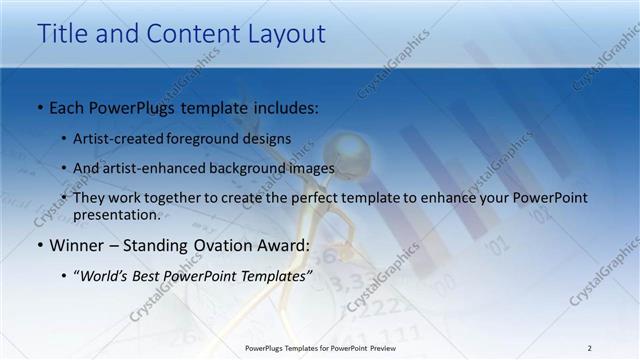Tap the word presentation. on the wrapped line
[117, 215]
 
